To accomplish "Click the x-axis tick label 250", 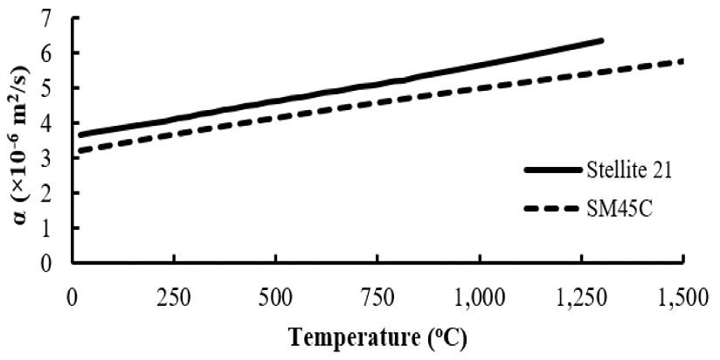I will click(174, 299).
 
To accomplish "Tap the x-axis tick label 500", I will click(275, 299).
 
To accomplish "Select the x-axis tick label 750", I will click(377, 299).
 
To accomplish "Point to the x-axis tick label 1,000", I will click(479, 299).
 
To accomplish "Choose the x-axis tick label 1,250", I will click(581, 299).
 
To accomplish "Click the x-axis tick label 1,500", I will click(683, 299).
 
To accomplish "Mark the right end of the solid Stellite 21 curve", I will click(602, 40).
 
